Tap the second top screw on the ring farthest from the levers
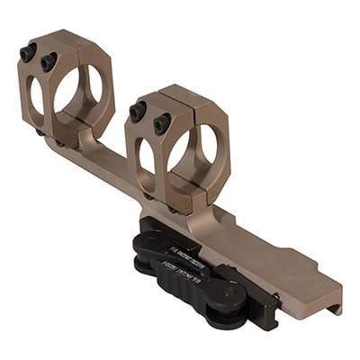48,62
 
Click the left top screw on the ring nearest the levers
138,112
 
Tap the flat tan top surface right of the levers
297,279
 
